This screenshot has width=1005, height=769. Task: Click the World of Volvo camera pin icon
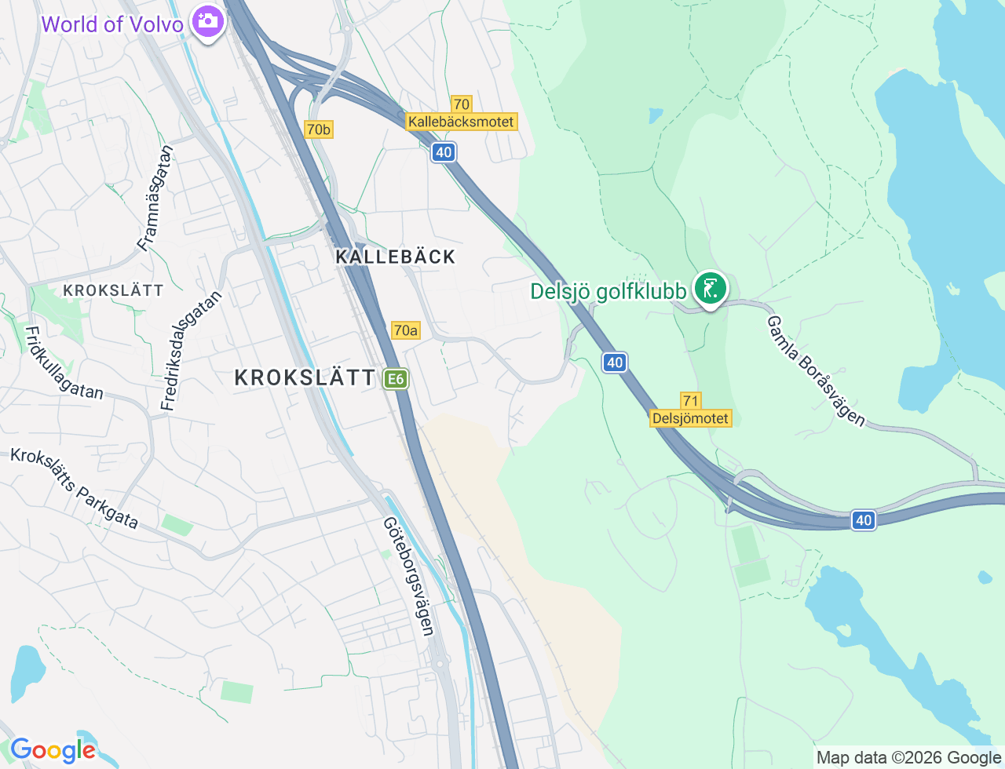208,21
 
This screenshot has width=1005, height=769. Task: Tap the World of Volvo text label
112,24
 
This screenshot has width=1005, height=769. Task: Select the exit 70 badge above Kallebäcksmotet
461,104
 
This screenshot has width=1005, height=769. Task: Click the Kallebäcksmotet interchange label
462,122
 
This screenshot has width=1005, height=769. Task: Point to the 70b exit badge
319,129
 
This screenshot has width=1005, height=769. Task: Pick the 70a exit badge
405,330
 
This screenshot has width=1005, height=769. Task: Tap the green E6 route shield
395,379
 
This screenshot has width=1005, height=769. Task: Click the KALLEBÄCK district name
396,257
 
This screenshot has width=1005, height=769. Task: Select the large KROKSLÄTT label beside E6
305,377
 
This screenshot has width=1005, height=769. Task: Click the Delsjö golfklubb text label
608,291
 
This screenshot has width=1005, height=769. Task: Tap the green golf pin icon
710,289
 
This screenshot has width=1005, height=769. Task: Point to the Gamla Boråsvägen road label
816,371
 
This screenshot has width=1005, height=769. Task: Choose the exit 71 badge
691,401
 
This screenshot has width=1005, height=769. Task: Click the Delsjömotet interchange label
691,418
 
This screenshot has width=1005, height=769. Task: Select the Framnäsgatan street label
155,198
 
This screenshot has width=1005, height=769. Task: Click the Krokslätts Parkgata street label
75,488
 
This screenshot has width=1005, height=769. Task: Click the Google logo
52,750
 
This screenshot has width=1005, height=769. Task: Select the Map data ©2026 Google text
908,757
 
